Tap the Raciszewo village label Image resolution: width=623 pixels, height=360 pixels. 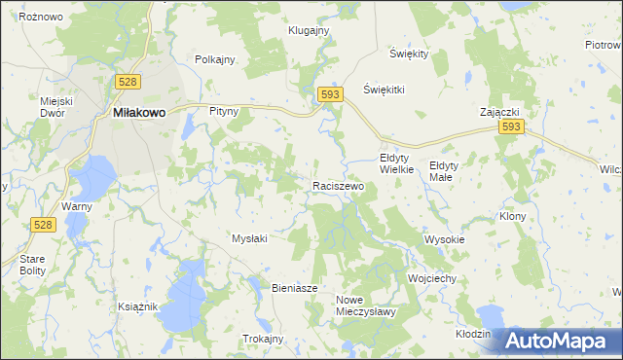(338, 185)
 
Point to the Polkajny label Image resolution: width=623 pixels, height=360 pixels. (215, 59)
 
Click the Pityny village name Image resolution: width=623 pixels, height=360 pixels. (224, 112)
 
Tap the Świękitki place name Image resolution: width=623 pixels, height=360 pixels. (384, 89)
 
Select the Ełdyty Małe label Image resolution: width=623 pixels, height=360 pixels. (449, 170)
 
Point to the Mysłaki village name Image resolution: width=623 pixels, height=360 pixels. (249, 237)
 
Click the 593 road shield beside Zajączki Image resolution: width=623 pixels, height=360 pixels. (511, 127)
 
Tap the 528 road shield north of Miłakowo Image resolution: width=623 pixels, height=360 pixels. (126, 82)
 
